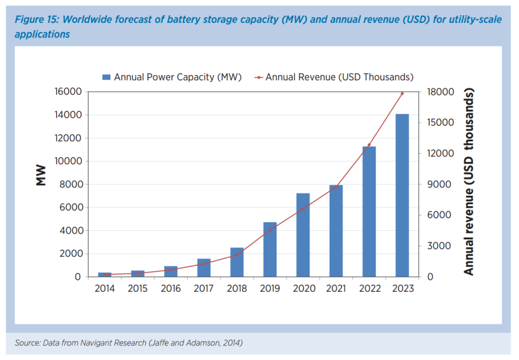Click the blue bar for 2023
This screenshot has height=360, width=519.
(x=402, y=195)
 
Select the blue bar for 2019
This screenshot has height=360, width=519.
(x=270, y=249)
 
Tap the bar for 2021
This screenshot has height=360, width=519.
(x=336, y=231)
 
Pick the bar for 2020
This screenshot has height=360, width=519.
(x=303, y=235)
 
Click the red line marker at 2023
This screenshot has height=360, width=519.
(x=402, y=94)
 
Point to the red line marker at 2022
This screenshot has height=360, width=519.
(x=369, y=145)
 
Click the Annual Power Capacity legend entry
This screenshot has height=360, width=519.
(x=172, y=77)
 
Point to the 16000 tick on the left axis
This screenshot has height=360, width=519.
(x=69, y=92)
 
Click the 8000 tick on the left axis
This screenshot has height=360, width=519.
(x=71, y=184)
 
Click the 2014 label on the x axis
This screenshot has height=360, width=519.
(x=105, y=289)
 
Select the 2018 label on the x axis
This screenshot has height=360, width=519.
(x=237, y=289)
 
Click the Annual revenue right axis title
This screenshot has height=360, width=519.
(x=469, y=181)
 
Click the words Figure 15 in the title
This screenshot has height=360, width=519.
(x=37, y=20)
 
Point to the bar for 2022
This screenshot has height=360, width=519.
(x=369, y=211)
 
